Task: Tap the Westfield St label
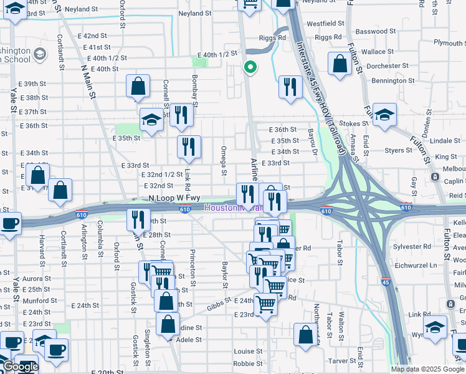326,23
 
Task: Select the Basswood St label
371,31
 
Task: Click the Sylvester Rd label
412,247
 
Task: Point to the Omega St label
222,156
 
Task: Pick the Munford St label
40,300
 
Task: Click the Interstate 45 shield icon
386,282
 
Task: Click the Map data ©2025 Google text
427,369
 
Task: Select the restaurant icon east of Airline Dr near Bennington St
290,87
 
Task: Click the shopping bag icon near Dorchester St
340,64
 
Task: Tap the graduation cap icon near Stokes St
384,115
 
